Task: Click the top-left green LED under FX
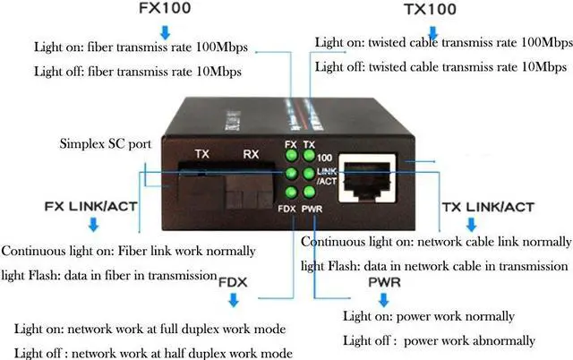coord(291,157)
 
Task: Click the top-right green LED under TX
coord(308,157)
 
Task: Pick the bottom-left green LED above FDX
coord(291,192)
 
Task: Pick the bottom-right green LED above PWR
coord(308,192)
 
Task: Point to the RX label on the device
coord(251,154)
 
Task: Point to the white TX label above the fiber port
coord(201,154)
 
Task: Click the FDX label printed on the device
coord(286,209)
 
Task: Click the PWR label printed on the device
coord(312,209)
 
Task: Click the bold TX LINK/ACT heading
coord(487,208)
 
